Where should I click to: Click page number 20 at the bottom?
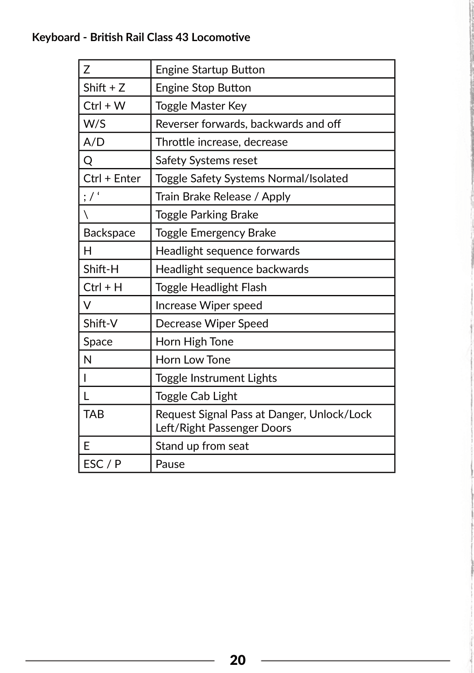tap(237, 660)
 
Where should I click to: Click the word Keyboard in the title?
tap(56, 37)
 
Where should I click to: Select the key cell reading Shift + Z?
tap(104, 87)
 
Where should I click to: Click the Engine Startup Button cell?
tap(210, 70)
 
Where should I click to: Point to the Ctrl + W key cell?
tap(104, 106)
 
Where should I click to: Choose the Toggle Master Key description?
tap(201, 106)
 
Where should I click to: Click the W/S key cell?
tap(95, 124)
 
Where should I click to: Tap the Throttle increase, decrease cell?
tap(222, 142)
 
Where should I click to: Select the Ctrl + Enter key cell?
tap(112, 178)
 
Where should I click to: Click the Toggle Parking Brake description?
tap(207, 214)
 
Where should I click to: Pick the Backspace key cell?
tap(109, 233)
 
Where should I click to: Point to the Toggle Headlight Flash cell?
tap(211, 287)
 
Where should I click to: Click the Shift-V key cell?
tap(100, 323)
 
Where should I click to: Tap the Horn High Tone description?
tap(194, 341)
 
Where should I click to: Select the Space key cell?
tap(98, 341)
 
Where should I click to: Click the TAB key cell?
tap(94, 414)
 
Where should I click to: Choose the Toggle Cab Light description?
tap(196, 396)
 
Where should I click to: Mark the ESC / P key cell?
tap(102, 464)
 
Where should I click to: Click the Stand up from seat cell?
tap(202, 446)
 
